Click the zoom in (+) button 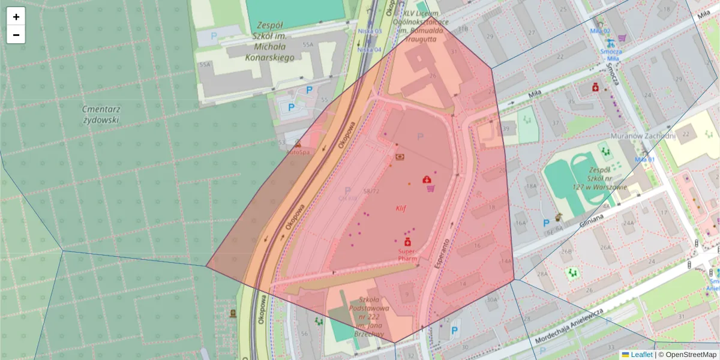click(x=16, y=17)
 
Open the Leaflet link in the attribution click(x=641, y=355)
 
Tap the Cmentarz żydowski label click(x=101, y=114)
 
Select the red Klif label click(x=401, y=208)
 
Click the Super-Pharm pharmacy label click(x=407, y=255)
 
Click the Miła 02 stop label click(x=600, y=31)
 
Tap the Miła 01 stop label click(x=644, y=159)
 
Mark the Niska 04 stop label click(x=370, y=49)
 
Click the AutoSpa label click(x=298, y=152)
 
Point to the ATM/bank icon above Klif click(x=400, y=157)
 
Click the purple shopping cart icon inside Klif click(x=430, y=188)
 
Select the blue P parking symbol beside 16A click(x=546, y=223)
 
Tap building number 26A click(x=605, y=247)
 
